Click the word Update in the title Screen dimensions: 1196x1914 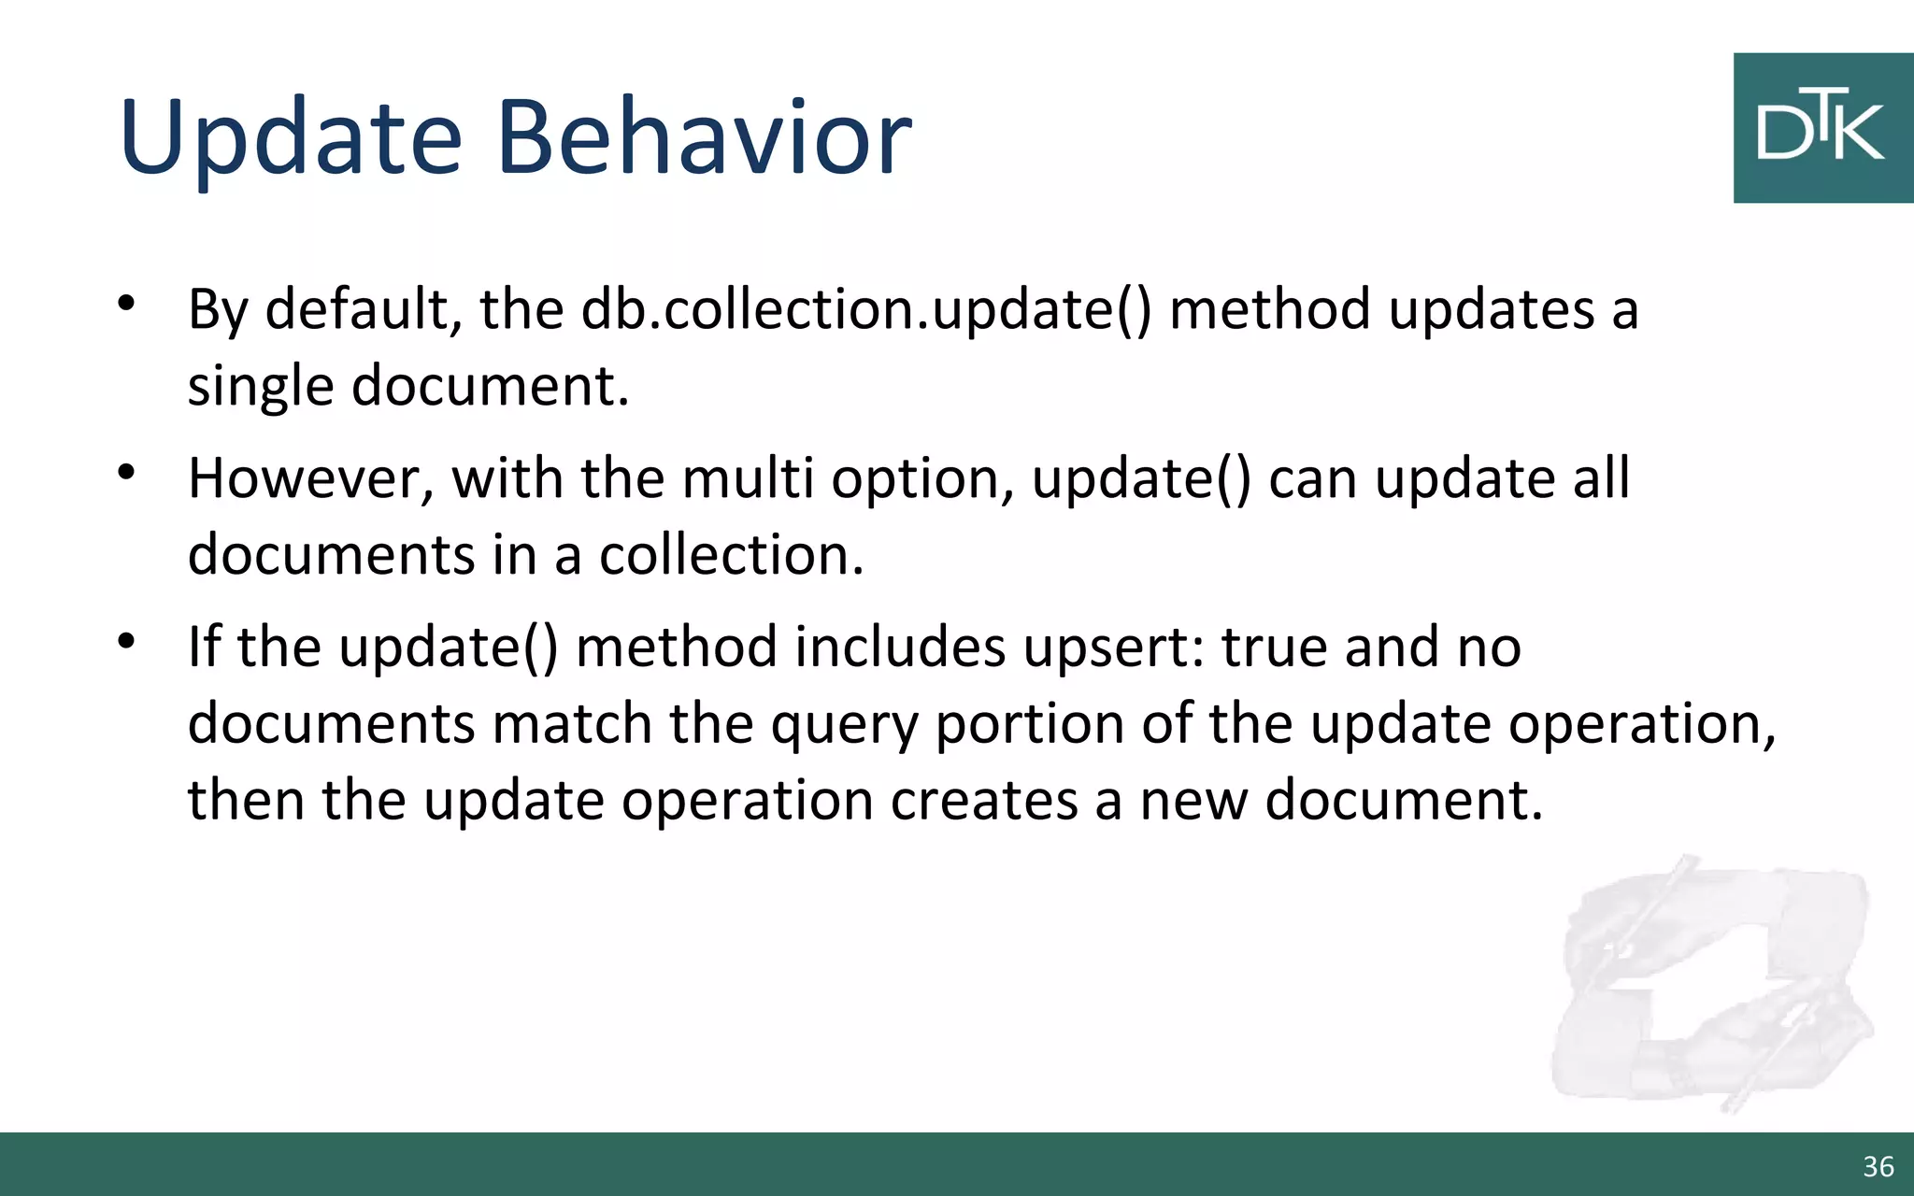pos(291,138)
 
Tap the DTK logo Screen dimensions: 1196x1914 pos(1821,128)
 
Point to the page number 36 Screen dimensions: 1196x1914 pos(1878,1167)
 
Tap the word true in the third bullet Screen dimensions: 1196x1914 pos(1274,647)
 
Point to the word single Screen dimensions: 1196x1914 pos(261,386)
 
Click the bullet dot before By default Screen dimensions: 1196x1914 pos(127,303)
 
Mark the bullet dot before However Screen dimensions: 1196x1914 pos(127,472)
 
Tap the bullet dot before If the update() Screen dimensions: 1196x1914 pos(127,641)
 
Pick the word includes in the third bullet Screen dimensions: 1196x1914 pos(900,647)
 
